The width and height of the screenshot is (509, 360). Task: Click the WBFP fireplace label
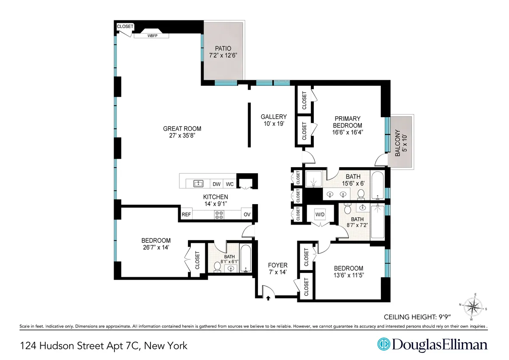pyautogui.click(x=151, y=36)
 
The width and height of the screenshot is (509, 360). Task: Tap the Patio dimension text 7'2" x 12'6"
pyautogui.click(x=223, y=55)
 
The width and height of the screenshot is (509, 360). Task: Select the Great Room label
pyautogui.click(x=182, y=129)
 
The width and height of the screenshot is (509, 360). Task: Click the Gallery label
pyautogui.click(x=274, y=117)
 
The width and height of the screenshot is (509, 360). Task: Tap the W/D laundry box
pyautogui.click(x=319, y=214)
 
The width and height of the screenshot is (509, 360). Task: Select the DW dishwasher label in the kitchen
pyautogui.click(x=216, y=184)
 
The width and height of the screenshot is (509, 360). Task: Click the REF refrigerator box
pyautogui.click(x=186, y=215)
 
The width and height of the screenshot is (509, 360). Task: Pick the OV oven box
pyautogui.click(x=247, y=215)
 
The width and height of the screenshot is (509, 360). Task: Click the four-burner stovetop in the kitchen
pyautogui.click(x=219, y=215)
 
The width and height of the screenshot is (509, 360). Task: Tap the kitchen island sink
pyautogui.click(x=198, y=183)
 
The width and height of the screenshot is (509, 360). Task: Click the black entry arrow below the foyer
pyautogui.click(x=268, y=298)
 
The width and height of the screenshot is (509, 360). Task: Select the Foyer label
pyautogui.click(x=278, y=265)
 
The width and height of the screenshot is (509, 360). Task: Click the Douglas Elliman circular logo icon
pyautogui.click(x=383, y=344)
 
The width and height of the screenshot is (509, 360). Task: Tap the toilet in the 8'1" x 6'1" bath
pyautogui.click(x=218, y=267)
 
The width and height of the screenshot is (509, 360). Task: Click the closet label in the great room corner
pyautogui.click(x=125, y=26)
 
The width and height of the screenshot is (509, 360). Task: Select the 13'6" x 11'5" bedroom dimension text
pyautogui.click(x=349, y=276)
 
